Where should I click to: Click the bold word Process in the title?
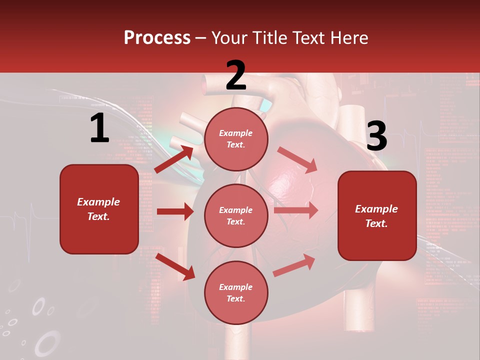click(157, 38)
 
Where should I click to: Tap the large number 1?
click(99, 128)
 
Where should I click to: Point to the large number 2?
click(236, 75)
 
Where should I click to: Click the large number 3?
click(376, 136)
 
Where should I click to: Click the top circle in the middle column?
click(236, 139)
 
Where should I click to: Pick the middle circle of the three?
click(236, 216)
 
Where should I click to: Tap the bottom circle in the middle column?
click(236, 293)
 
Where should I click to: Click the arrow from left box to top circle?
click(174, 158)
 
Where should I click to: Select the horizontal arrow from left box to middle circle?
click(175, 211)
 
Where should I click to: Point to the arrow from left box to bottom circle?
click(175, 266)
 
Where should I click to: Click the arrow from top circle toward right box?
click(297, 159)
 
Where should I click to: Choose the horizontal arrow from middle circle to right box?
click(295, 210)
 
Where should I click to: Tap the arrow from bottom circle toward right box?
click(294, 265)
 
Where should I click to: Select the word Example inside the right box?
click(376, 209)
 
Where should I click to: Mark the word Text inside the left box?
click(98, 216)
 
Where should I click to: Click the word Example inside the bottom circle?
click(236, 287)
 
